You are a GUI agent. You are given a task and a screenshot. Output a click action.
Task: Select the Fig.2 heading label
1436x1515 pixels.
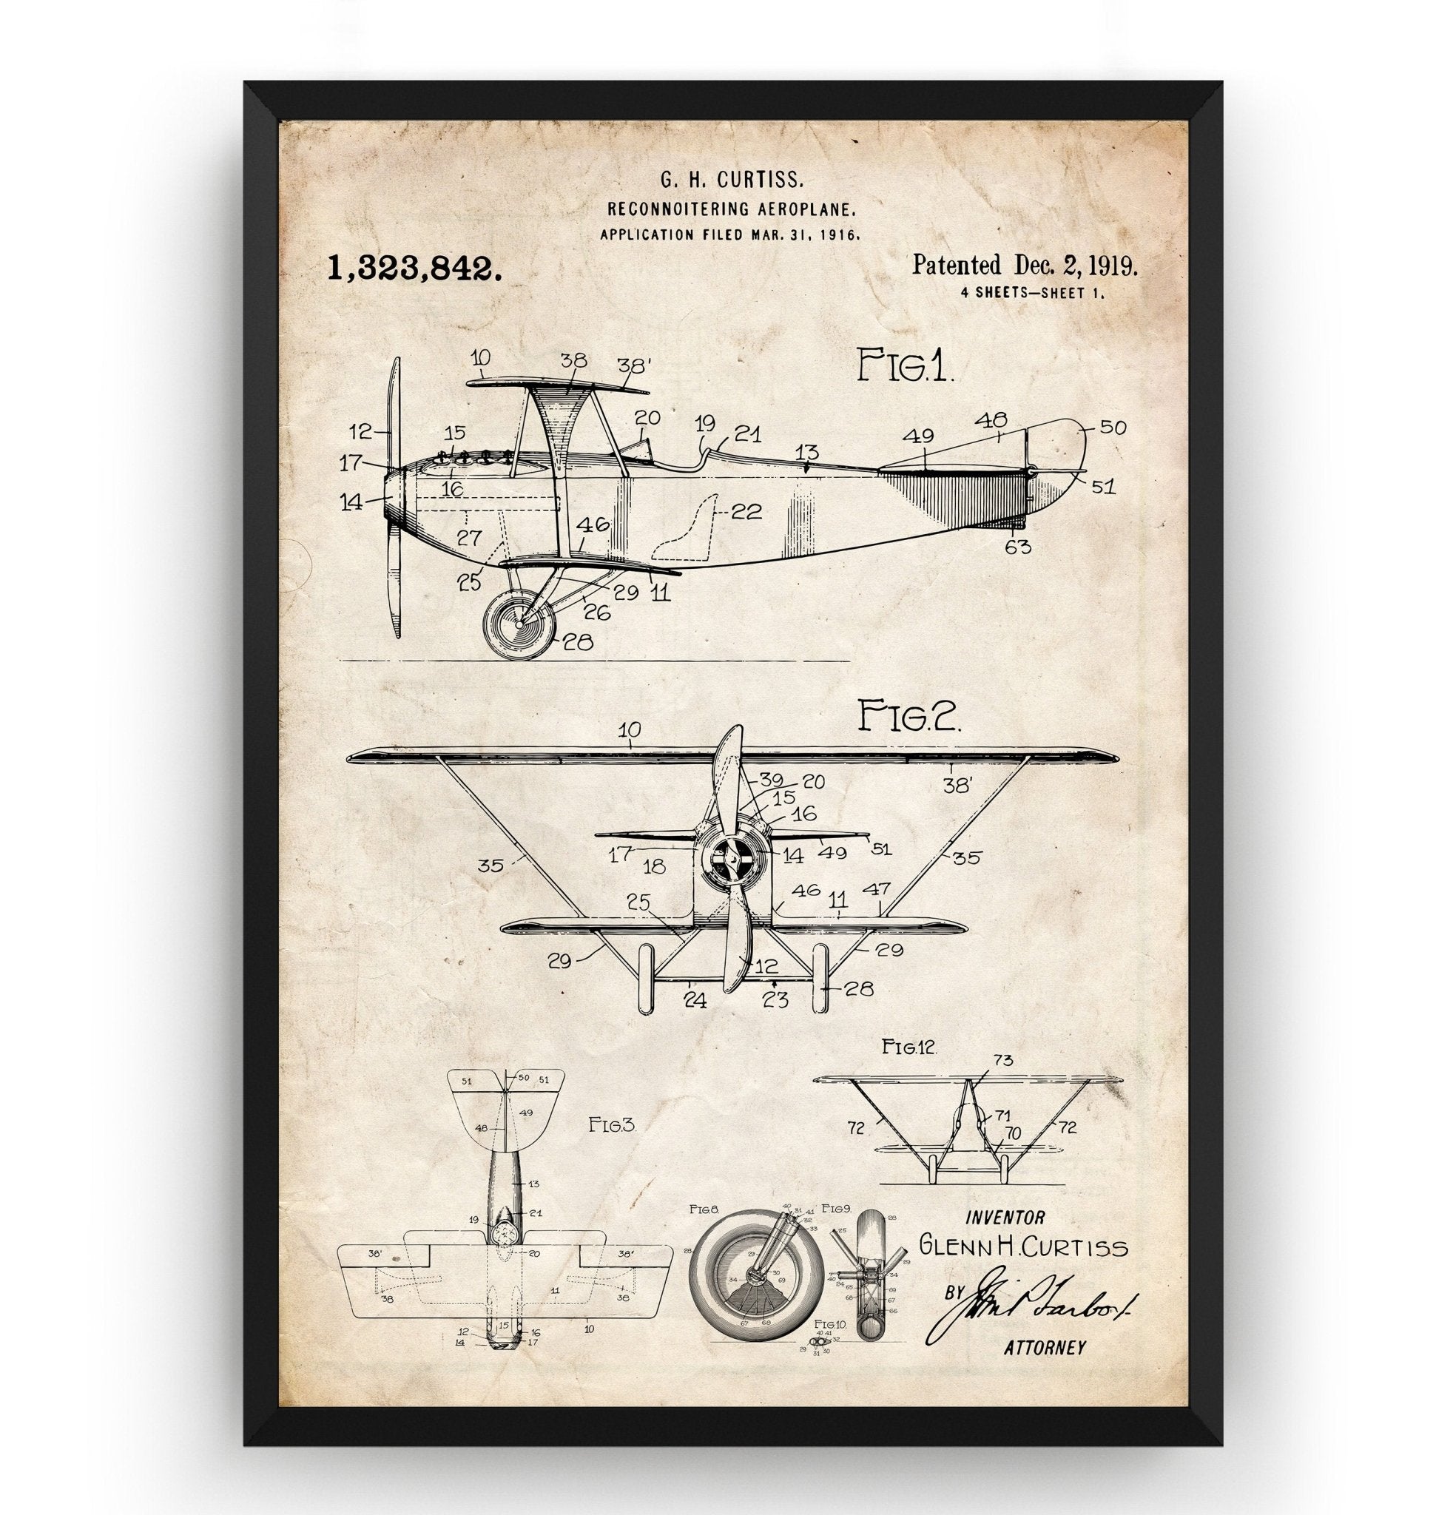click(908, 718)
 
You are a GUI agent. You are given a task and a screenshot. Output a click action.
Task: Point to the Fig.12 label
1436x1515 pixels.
click(909, 1046)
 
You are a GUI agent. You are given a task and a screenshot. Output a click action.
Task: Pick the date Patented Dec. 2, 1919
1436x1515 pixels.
click(1024, 266)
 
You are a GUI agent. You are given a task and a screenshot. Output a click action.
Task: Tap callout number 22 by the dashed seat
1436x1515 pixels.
click(747, 512)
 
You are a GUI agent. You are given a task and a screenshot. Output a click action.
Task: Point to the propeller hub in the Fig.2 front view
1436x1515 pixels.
click(731, 858)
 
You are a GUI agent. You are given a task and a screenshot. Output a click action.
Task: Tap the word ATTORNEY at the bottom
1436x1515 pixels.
click(1044, 1369)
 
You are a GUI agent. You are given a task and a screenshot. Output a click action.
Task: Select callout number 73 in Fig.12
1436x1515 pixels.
click(1002, 1060)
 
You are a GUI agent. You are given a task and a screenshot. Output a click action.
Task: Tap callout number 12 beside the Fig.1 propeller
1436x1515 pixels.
click(360, 431)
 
